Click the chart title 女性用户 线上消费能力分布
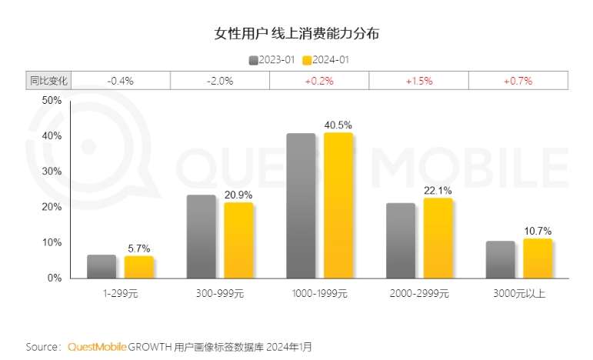tap(296, 35)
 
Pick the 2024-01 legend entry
tap(326, 60)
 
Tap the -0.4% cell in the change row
tap(120, 80)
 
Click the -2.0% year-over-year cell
tap(220, 80)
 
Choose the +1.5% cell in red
tap(418, 80)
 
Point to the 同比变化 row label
tap(49, 80)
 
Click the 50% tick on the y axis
tap(52, 101)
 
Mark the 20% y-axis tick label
tap(52, 207)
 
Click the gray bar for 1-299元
tap(102, 266)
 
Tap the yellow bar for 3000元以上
tap(538, 258)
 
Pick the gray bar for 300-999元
tap(202, 236)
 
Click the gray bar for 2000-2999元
tap(401, 240)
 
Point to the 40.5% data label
tap(338, 125)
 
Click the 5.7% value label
tap(139, 248)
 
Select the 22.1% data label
tap(438, 190)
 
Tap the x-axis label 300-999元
tap(220, 293)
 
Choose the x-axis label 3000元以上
tap(519, 293)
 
